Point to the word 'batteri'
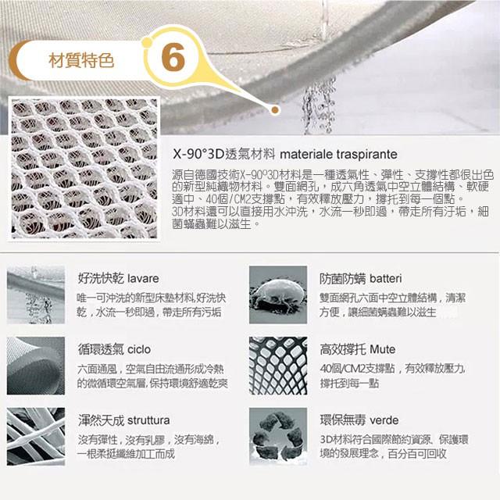coord(384,278)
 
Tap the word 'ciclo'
coord(137,348)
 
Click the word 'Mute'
coord(382,348)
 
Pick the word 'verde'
coord(383,420)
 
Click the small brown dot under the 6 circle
coord(274,110)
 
